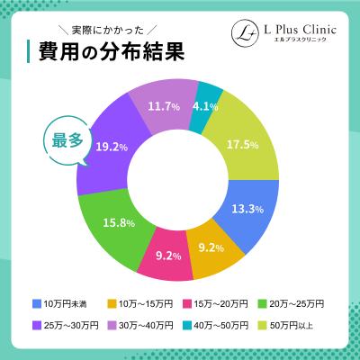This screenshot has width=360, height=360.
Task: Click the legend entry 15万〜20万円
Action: coord(213,302)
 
